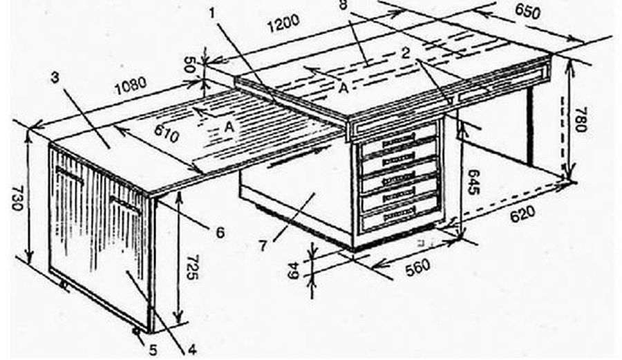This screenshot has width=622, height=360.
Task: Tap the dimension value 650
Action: click(x=527, y=11)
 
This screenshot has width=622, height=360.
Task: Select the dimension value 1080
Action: click(x=131, y=86)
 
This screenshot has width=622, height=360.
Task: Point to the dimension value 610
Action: click(x=166, y=133)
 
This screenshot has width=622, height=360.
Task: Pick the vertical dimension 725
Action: click(x=191, y=267)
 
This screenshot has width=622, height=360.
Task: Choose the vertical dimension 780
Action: click(x=580, y=119)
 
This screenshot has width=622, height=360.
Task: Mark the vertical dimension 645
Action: click(x=473, y=182)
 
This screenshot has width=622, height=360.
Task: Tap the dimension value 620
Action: click(x=522, y=214)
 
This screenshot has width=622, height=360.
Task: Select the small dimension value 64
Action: click(x=294, y=270)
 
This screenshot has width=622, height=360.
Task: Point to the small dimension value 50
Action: click(x=189, y=64)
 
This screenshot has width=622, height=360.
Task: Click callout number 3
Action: click(x=55, y=77)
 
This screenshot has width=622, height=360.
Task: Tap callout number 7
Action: click(x=263, y=246)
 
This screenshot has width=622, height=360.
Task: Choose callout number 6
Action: click(x=220, y=232)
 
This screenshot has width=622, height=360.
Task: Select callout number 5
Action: click(x=153, y=350)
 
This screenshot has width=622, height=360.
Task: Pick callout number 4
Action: click(x=191, y=350)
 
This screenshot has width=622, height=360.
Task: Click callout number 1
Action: click(x=212, y=14)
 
